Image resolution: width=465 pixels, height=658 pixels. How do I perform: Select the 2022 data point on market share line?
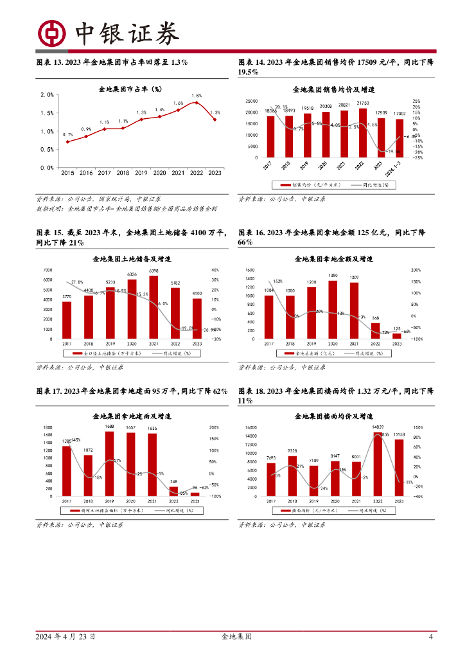point(197,103)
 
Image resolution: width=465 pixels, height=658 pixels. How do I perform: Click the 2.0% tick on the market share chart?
point(47,94)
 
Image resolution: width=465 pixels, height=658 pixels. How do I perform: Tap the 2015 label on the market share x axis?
point(67,173)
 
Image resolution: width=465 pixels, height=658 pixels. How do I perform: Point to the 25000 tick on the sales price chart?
point(252,102)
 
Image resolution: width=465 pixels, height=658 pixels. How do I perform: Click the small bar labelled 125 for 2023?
point(397,336)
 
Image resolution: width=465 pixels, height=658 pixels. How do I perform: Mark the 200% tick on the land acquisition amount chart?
point(416,271)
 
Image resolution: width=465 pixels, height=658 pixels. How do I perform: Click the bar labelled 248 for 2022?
point(174,492)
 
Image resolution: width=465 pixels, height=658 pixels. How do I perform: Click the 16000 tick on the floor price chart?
point(250,427)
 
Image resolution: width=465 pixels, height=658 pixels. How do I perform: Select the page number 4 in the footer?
point(431,637)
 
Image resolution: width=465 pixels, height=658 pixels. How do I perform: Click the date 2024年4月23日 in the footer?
point(66,637)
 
